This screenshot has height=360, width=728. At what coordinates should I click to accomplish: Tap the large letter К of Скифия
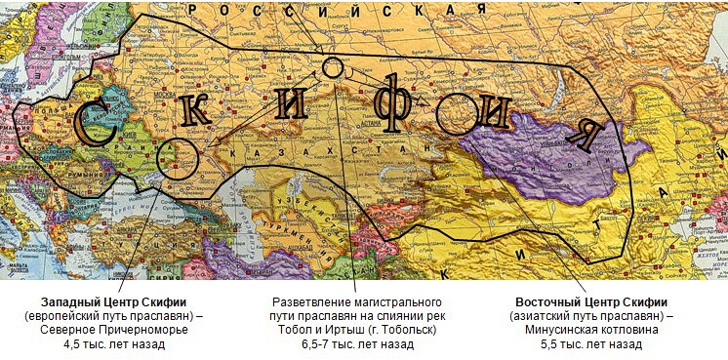[x=194, y=110]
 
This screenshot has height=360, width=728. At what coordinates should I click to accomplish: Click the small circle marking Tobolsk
[x=333, y=67]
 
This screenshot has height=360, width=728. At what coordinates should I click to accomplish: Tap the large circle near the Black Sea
[x=179, y=155]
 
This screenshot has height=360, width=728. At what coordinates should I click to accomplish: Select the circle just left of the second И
[x=455, y=113]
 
